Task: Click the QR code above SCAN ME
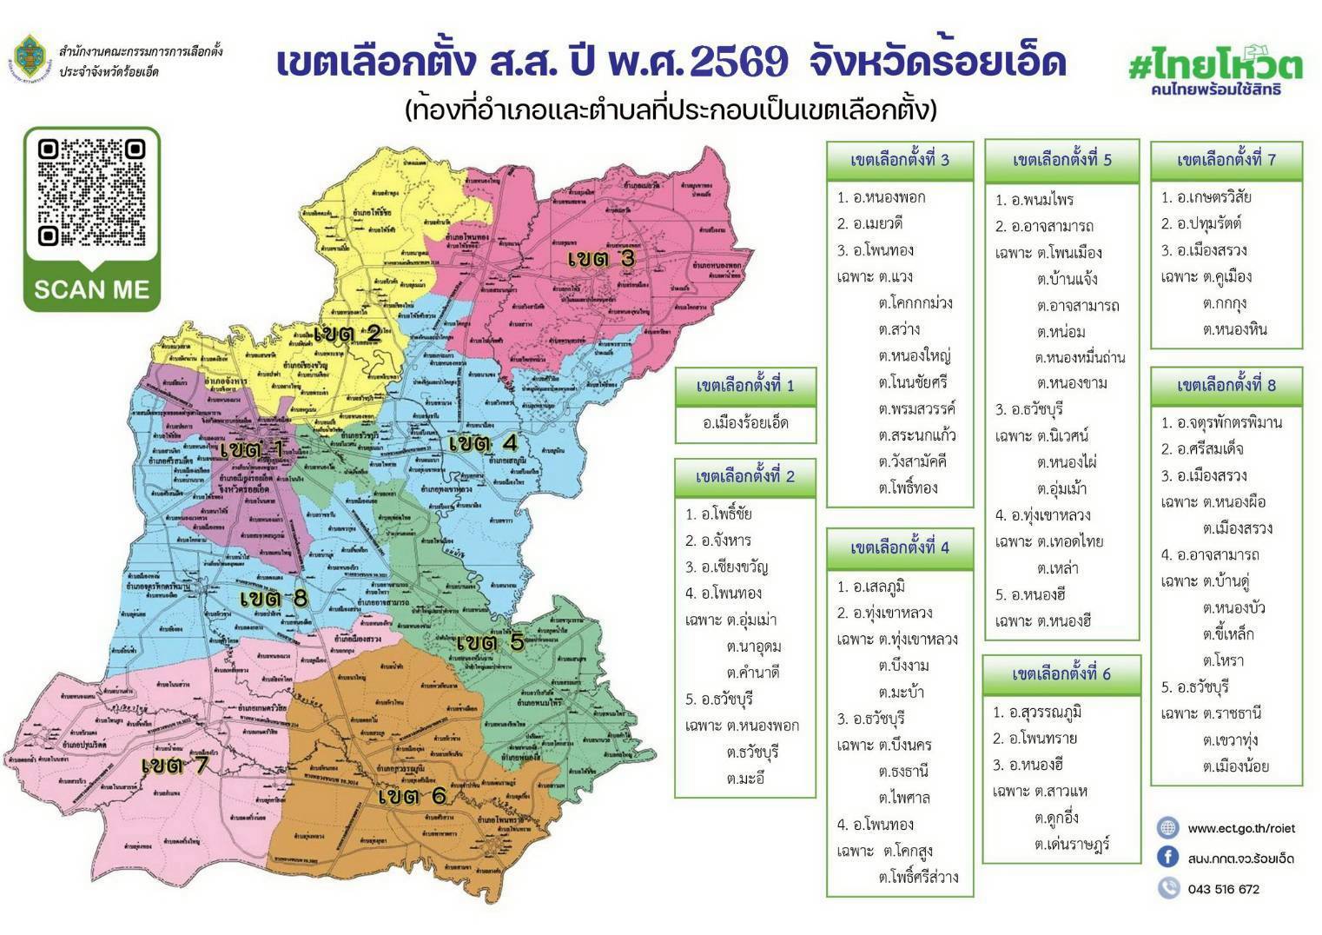91,193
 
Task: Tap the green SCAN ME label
91,289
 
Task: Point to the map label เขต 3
602,258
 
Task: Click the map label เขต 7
176,766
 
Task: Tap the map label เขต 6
413,795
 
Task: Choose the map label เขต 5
491,642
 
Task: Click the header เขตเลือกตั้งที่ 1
745,386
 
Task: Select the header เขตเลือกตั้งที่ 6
1061,673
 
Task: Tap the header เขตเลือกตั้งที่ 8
1226,385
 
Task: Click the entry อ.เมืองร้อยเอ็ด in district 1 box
745,423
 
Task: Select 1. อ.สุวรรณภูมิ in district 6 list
1037,713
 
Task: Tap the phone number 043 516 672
1223,889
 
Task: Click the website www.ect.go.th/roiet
1240,828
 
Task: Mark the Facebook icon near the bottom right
1168,858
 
